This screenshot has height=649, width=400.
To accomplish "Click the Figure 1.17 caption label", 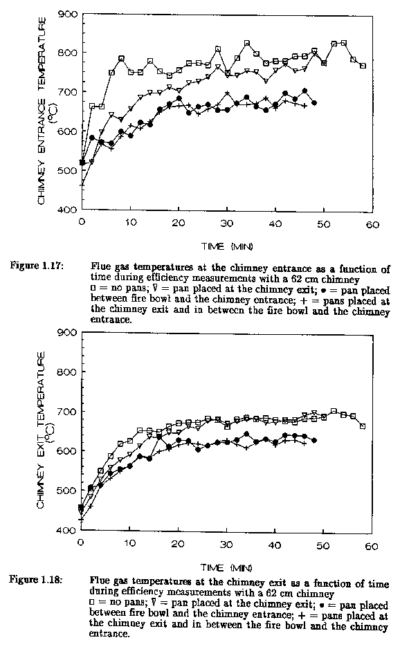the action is click(37, 265).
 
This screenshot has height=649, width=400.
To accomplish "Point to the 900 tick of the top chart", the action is click(69, 15).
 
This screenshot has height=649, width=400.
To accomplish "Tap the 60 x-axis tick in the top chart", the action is click(372, 224).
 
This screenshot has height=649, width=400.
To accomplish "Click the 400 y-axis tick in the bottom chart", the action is click(67, 530).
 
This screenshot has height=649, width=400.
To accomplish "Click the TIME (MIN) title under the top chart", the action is click(227, 247).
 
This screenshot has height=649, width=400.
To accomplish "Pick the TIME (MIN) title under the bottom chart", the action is click(226, 567).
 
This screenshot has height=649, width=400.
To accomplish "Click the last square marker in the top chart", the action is click(363, 66).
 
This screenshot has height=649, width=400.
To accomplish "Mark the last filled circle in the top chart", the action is click(314, 102).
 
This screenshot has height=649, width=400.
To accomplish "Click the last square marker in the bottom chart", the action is click(363, 426).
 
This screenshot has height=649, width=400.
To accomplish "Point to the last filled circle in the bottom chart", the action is click(314, 440).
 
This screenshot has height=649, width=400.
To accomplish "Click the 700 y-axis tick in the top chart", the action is click(69, 92).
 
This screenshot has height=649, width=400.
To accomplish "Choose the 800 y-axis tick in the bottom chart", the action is click(67, 372).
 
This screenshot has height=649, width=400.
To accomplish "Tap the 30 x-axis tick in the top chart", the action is click(226, 223).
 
